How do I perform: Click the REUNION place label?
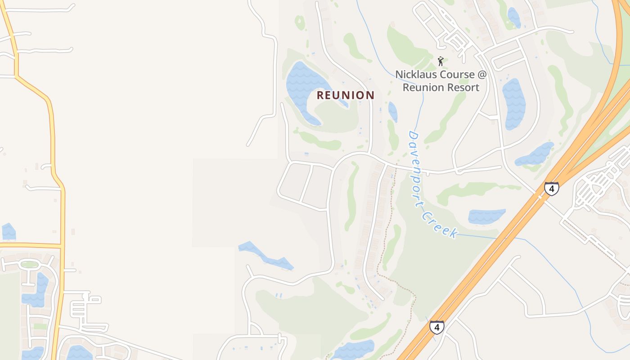pyautogui.click(x=345, y=95)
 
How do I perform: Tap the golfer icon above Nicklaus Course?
pyautogui.click(x=441, y=61)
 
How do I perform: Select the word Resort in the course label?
pyautogui.click(x=463, y=87)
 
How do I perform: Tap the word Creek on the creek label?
pyautogui.click(x=441, y=225)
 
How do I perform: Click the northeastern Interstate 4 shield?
pyautogui.click(x=551, y=188)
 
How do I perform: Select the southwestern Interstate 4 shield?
pyautogui.click(x=436, y=327)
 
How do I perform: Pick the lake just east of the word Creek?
pyautogui.click(x=486, y=216)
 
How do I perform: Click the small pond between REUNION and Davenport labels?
pyautogui.click(x=392, y=112)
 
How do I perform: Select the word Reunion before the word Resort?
pyautogui.click(x=423, y=87)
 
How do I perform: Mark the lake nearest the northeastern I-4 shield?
pyautogui.click(x=535, y=154)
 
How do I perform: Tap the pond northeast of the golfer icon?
pyautogui.click(x=514, y=17)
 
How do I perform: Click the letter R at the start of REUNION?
pyautogui.click(x=320, y=95)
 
